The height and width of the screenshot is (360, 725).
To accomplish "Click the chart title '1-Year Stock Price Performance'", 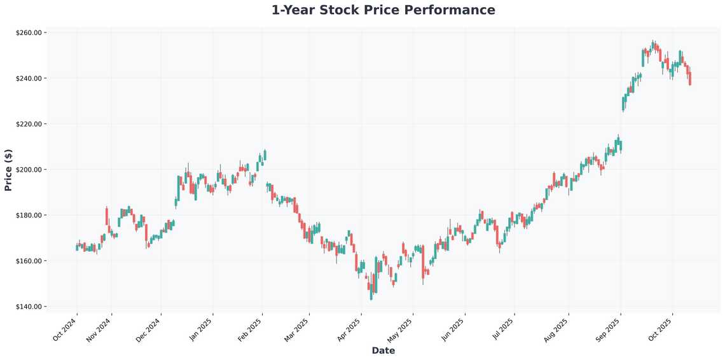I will [x=383, y=10].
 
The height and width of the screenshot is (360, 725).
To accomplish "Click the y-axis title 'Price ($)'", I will [x=8, y=169].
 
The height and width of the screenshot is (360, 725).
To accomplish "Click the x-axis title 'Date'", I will [x=383, y=350].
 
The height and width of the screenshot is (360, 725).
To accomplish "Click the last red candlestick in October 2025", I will [x=690, y=78].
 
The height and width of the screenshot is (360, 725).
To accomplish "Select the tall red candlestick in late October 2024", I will [x=107, y=216].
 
